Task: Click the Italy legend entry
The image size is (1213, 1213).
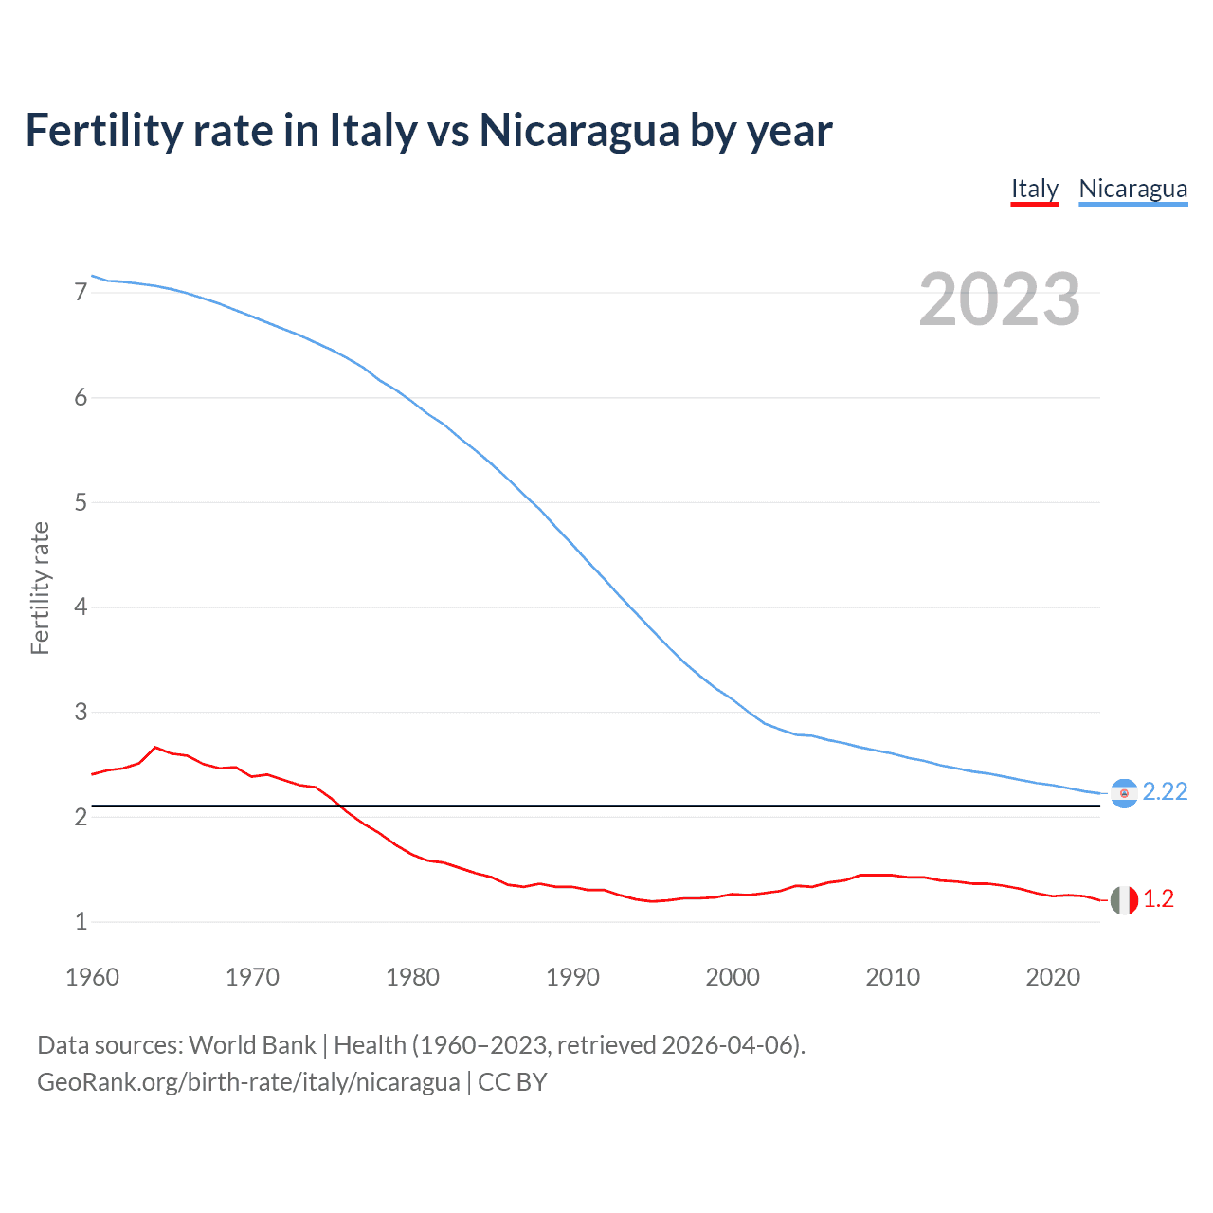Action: (x=1034, y=189)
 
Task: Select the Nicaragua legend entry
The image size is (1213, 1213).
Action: (x=1132, y=189)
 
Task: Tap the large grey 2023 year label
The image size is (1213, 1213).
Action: (x=999, y=299)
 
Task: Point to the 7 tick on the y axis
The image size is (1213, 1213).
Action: (x=81, y=293)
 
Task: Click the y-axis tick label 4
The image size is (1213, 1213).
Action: (x=81, y=606)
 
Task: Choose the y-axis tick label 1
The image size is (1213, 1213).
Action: (x=81, y=921)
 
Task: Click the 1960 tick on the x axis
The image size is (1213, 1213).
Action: (x=92, y=977)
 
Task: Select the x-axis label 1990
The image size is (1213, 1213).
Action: (x=572, y=977)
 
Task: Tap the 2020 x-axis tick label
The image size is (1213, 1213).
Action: (x=1053, y=977)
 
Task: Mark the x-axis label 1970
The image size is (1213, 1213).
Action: (x=252, y=977)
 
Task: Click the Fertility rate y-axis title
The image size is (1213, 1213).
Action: (x=40, y=588)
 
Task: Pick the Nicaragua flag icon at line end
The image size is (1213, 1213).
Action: (x=1124, y=793)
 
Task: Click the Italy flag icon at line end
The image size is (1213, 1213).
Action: (x=1124, y=900)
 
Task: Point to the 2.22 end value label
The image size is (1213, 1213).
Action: (x=1165, y=792)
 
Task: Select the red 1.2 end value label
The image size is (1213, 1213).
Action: (x=1158, y=899)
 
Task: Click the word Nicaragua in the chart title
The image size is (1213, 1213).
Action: (x=578, y=131)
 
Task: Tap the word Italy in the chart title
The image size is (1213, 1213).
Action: (x=372, y=131)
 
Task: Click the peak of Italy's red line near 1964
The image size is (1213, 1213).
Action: (x=155, y=747)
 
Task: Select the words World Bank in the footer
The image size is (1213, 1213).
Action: (x=252, y=1045)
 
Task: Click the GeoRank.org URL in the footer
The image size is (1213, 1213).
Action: (x=248, y=1082)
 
